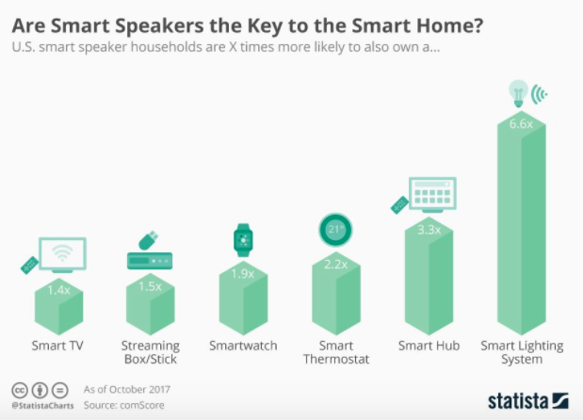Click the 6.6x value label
pos(522,123)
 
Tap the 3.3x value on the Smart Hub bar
pos(429,229)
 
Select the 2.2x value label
pos(336,265)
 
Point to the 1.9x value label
pos(244,275)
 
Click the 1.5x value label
pos(151,285)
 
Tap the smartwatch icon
pos(243,240)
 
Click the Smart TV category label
pos(58,346)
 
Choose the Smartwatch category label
pos(244,346)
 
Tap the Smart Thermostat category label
pos(336,352)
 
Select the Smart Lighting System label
pos(522,352)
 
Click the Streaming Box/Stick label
pos(151,352)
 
